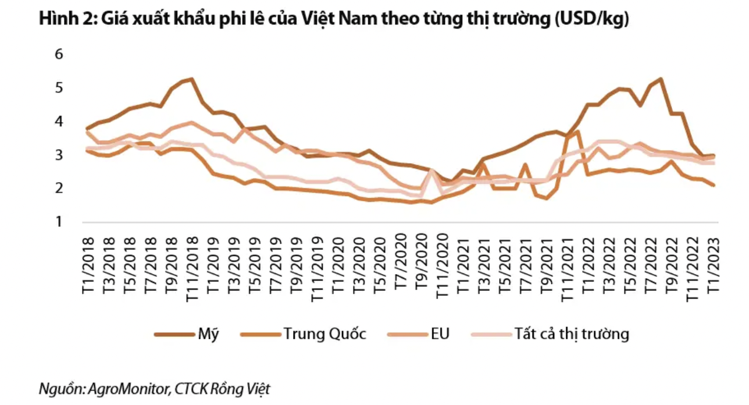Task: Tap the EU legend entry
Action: click(440, 334)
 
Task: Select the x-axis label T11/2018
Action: click(192, 267)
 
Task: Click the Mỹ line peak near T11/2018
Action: click(192, 79)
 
